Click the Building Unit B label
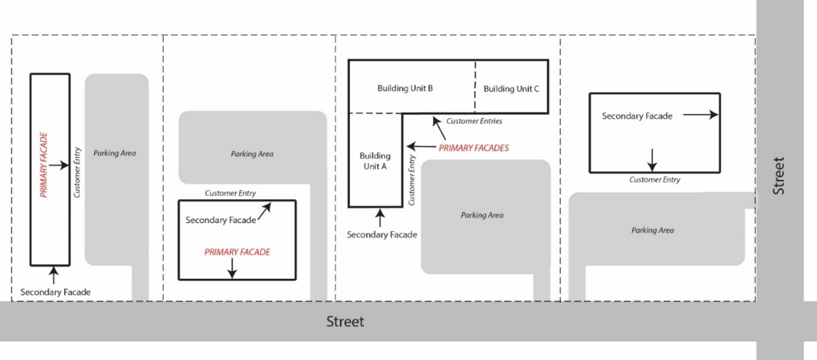point(404,89)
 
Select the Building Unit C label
point(511,89)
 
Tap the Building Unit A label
point(374,161)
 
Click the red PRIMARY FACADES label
point(474,148)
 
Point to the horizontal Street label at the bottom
point(345,322)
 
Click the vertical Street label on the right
point(779,176)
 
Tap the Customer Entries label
point(474,122)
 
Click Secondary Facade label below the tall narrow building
point(55,292)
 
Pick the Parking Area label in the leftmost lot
point(115,153)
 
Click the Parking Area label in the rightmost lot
point(652,230)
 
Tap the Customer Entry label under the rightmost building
point(654,180)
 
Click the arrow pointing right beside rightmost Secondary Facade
point(700,116)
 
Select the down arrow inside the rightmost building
point(652,159)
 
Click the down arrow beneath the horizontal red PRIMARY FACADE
point(232,269)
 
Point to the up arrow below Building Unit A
point(380,218)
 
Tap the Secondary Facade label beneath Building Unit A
point(382,235)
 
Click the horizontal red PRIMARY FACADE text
point(237,253)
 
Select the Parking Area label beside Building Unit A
point(482,216)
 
